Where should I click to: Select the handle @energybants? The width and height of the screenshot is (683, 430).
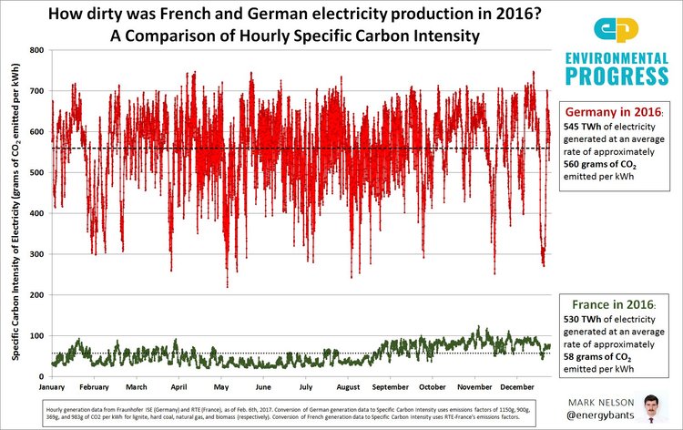pos(605,415)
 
